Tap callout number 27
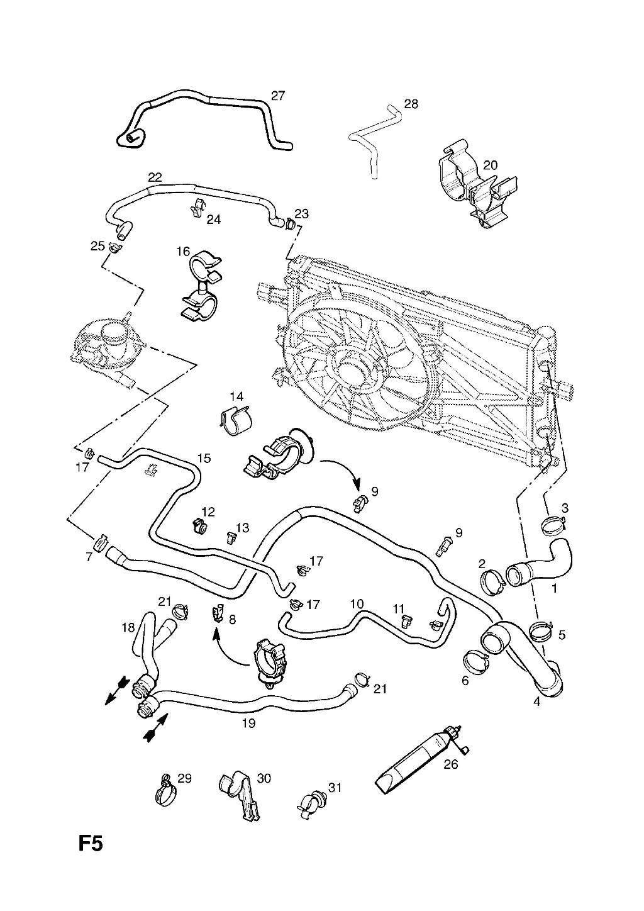pyautogui.click(x=278, y=96)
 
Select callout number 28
pyautogui.click(x=411, y=104)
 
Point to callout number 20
pyautogui.click(x=491, y=165)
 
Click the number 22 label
pyautogui.click(x=155, y=177)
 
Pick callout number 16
pyautogui.click(x=183, y=252)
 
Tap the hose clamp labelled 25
pyautogui.click(x=115, y=247)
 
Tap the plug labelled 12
pyautogui.click(x=199, y=527)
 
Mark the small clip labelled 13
pyautogui.click(x=231, y=538)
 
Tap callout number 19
pyautogui.click(x=248, y=723)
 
